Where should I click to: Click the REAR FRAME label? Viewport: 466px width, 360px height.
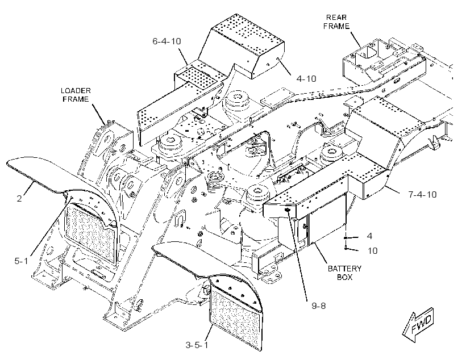[x=336, y=22]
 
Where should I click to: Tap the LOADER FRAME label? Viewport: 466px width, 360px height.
[x=76, y=95]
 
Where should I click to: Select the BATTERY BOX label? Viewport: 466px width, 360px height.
[x=344, y=273]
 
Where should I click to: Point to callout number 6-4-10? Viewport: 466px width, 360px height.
[x=167, y=41]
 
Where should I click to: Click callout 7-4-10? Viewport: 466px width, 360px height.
[x=422, y=195]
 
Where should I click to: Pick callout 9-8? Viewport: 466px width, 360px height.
[x=319, y=305]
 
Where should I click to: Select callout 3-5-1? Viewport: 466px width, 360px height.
[x=197, y=345]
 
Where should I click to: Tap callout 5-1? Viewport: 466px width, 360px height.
[x=21, y=261]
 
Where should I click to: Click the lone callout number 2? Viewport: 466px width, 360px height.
[x=19, y=198]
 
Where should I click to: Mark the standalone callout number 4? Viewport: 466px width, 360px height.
[x=369, y=236]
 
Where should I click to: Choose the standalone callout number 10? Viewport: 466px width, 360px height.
[x=372, y=250]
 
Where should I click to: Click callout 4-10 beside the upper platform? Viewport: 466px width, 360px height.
[x=306, y=79]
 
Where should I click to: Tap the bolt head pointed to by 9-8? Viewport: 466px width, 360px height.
[x=288, y=210]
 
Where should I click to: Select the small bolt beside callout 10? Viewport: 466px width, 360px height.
[x=346, y=246]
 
